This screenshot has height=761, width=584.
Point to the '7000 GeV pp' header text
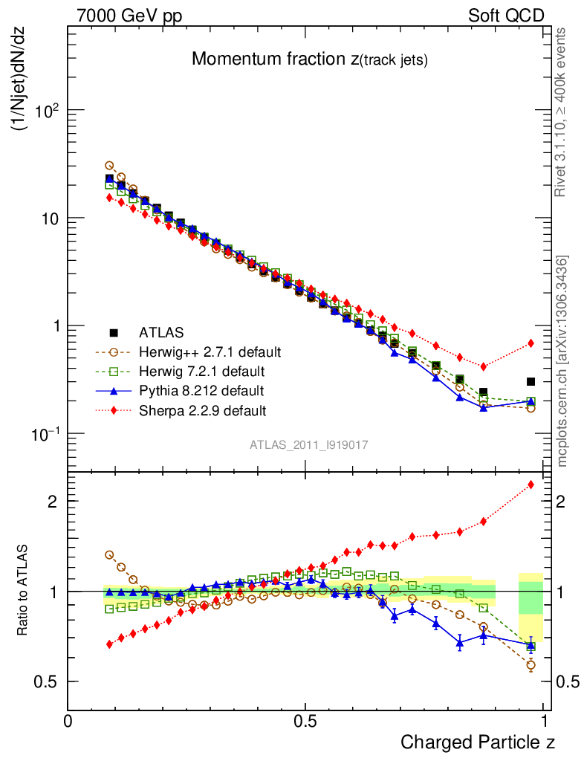(x=129, y=15)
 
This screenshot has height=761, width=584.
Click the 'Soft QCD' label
(x=506, y=15)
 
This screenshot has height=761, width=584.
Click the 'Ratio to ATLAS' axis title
(x=25, y=591)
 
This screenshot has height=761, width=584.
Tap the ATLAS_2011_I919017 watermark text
(x=309, y=444)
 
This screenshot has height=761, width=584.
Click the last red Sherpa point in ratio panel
(x=531, y=485)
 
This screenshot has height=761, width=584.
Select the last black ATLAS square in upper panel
(x=531, y=381)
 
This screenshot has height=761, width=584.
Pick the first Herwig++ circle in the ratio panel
(x=109, y=554)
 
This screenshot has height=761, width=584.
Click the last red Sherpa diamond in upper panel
(x=531, y=343)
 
